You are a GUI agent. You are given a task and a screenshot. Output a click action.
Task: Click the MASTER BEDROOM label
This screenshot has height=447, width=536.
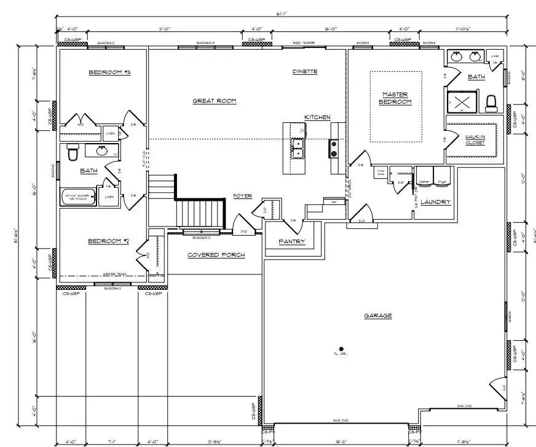395,98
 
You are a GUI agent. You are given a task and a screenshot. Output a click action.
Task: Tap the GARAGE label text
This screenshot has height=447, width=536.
377,316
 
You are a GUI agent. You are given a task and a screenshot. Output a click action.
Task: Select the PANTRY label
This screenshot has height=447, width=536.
291,241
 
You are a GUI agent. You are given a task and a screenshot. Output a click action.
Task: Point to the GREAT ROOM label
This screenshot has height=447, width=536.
215,101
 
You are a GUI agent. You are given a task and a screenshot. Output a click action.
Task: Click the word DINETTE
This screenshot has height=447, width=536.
305,72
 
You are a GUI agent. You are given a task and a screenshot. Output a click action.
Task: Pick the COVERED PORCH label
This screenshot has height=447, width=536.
216,255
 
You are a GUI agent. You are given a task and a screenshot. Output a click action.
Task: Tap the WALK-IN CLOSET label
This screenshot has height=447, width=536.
475,139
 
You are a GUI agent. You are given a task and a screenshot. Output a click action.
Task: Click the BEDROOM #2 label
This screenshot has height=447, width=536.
109,241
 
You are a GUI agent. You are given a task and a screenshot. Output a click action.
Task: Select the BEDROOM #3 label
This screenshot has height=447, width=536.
109,72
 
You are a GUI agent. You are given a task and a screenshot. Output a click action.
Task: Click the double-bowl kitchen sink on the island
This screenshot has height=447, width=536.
298,148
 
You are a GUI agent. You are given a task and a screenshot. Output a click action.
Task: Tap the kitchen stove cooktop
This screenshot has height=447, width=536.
334,149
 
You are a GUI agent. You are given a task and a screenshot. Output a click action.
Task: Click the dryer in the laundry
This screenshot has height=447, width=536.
442,176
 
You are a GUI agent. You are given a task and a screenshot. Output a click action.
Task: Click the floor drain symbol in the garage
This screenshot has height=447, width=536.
341,349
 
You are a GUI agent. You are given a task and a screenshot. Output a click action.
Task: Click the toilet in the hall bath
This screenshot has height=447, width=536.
72,152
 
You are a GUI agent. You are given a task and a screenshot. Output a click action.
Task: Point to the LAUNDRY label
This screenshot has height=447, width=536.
435,202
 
